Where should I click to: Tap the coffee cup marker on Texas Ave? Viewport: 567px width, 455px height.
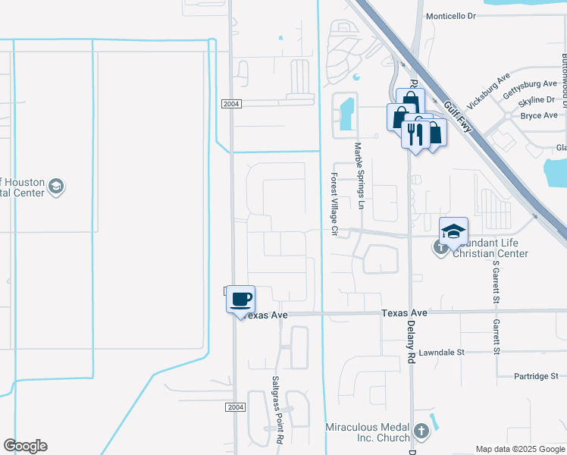click(x=241, y=300)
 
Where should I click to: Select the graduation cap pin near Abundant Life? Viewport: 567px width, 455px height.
click(x=453, y=232)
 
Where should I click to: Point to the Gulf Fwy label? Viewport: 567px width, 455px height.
click(x=459, y=115)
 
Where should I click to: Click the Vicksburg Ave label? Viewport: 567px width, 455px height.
click(x=489, y=90)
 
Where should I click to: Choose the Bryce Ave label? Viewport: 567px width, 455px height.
click(x=539, y=115)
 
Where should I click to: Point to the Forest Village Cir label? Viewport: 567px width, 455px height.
click(x=334, y=202)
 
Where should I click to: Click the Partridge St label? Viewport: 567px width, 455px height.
click(x=534, y=375)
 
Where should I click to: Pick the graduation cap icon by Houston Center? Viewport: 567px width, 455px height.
click(x=55, y=187)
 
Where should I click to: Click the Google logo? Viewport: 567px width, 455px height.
click(x=25, y=446)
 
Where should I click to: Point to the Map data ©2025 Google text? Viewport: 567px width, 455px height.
click(x=519, y=449)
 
